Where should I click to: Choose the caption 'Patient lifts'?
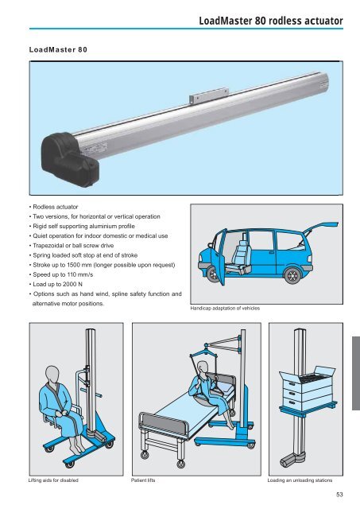pos(149,482)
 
